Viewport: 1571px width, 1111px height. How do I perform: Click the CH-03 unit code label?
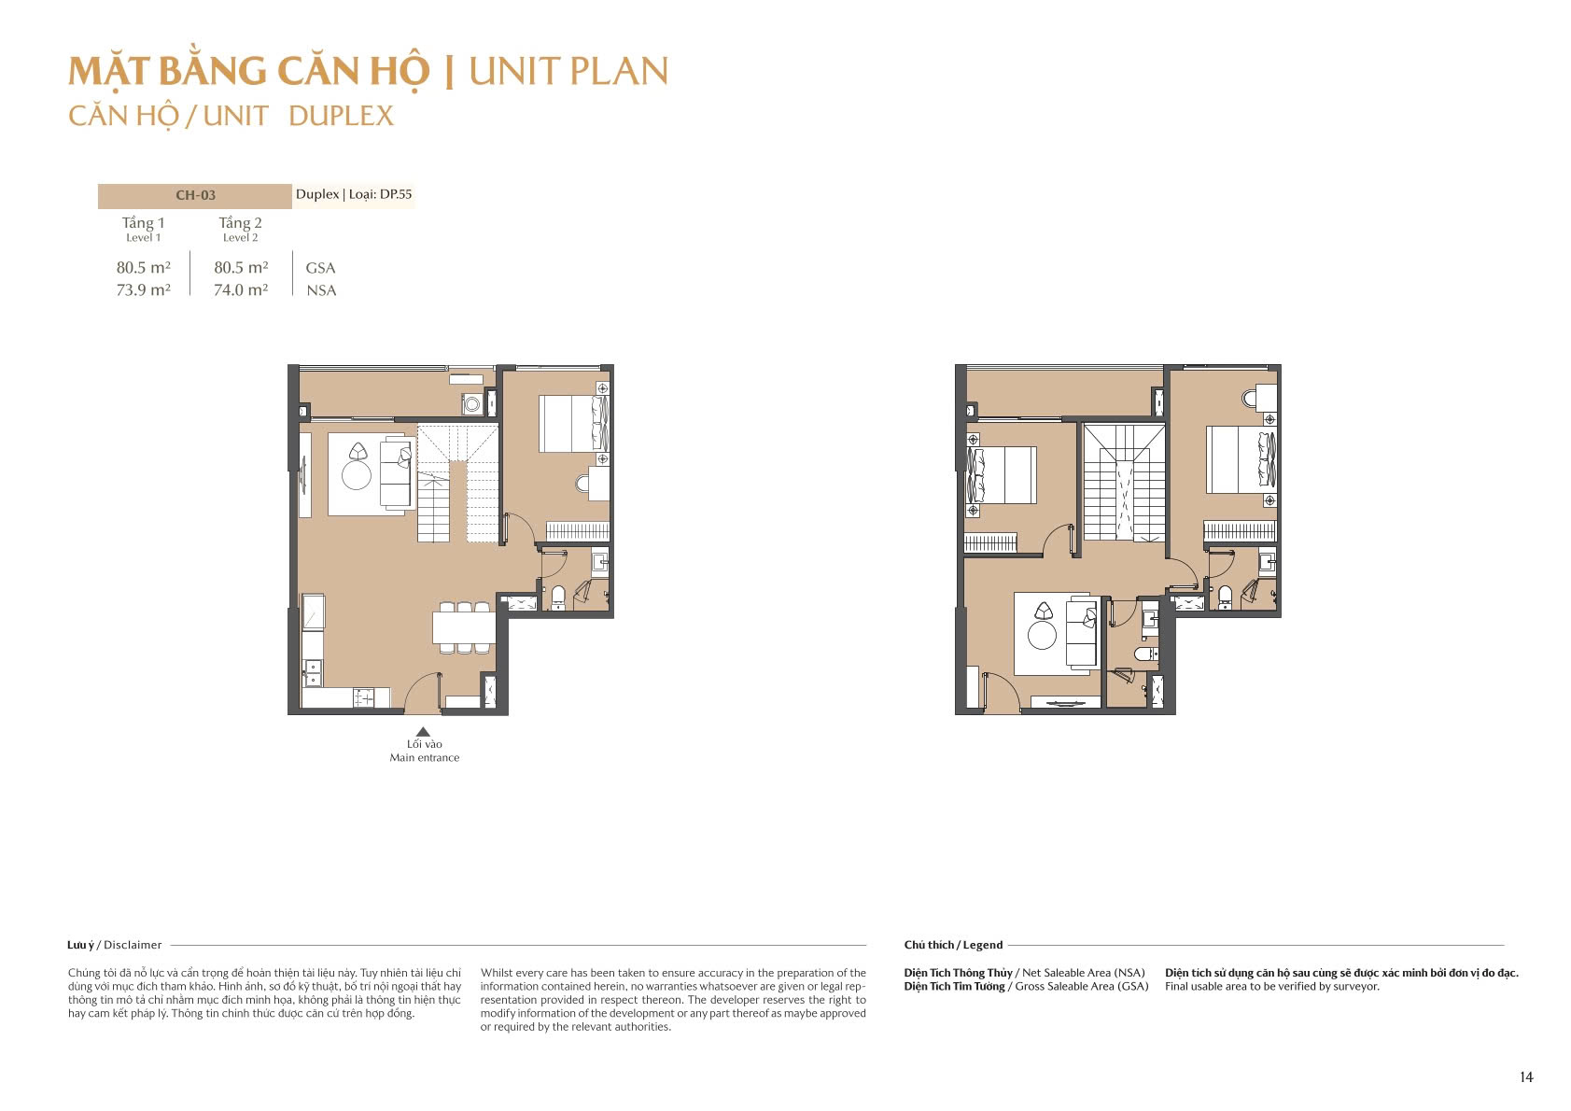[195, 195]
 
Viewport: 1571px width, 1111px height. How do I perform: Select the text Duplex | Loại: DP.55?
[354, 194]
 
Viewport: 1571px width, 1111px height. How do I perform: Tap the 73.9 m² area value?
[143, 289]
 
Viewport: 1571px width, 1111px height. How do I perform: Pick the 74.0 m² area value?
[241, 289]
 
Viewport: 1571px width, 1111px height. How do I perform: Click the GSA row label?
[320, 268]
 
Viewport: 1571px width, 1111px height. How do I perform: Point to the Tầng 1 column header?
[143, 223]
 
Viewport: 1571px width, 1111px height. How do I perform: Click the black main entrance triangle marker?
[423, 732]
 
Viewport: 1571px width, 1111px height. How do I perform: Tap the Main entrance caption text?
[425, 757]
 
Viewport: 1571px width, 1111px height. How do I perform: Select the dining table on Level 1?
[464, 627]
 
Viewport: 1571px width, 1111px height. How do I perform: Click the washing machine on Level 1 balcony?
[471, 404]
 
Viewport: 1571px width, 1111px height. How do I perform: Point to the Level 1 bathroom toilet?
[558, 597]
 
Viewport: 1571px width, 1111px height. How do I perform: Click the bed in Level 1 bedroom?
[574, 424]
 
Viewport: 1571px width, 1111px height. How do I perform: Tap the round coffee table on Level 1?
[357, 475]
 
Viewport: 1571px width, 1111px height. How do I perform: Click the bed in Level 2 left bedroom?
[1001, 475]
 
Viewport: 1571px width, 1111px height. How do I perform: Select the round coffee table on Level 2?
[1042, 636]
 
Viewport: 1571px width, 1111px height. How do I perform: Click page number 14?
[1526, 1076]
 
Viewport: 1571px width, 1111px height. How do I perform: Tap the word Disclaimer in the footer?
[133, 945]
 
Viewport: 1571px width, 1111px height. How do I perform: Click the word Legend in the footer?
[983, 945]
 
